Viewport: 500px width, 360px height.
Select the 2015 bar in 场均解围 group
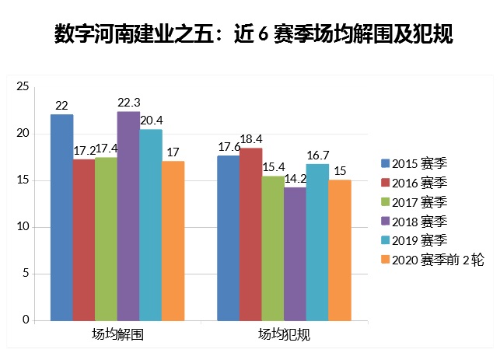tap(61, 218)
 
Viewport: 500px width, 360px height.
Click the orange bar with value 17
tap(173, 241)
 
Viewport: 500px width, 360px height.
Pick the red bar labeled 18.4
tap(250, 234)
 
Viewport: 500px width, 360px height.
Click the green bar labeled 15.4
tap(273, 248)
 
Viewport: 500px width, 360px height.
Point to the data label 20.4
tap(151, 120)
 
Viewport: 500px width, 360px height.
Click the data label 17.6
tap(229, 146)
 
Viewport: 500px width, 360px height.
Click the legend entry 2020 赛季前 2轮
tap(438, 260)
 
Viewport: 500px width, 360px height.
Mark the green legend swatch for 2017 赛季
tap(385, 202)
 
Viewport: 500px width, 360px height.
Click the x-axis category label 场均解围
tap(117, 335)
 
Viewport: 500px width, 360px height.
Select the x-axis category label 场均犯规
tap(284, 335)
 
